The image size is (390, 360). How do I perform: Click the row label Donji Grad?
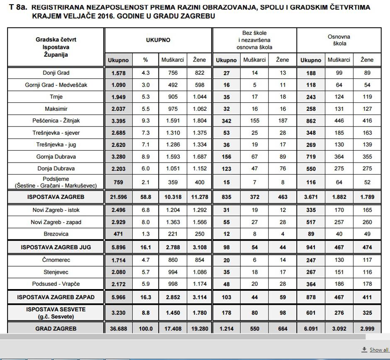tap(56, 73)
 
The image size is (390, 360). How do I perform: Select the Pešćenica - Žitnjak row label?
tap(56, 121)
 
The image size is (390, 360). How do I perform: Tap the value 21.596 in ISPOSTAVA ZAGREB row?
tap(118, 197)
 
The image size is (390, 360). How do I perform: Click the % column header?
tap(145, 60)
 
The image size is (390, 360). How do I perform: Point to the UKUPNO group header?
tap(158, 40)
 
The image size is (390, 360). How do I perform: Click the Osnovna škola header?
tap(339, 40)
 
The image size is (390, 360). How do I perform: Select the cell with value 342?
tap(226, 121)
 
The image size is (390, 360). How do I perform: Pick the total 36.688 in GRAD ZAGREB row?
tap(118, 328)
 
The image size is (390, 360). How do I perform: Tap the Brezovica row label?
tap(56, 234)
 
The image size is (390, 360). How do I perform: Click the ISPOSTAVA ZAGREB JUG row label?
tap(56, 247)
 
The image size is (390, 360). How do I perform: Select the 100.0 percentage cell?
tap(145, 328)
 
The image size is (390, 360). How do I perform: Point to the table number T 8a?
tap(17, 8)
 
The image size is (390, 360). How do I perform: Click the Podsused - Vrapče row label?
tap(56, 284)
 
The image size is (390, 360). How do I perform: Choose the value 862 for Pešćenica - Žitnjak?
tap(310, 121)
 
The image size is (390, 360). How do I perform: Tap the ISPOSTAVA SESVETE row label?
tap(56, 313)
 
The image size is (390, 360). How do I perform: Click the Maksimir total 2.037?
tap(118, 109)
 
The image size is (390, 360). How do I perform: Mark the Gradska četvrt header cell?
tap(56, 47)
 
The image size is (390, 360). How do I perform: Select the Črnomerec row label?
tap(56, 260)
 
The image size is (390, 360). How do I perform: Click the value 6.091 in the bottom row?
tap(310, 328)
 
